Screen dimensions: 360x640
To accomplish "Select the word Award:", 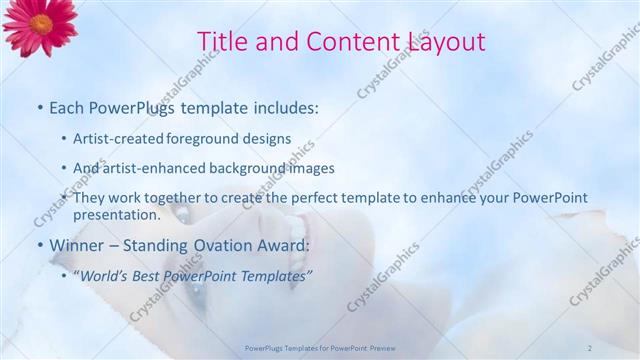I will click(281, 244).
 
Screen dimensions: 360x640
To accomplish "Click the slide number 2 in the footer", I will click(590, 347).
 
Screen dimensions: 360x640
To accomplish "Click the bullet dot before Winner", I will click(40, 245).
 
